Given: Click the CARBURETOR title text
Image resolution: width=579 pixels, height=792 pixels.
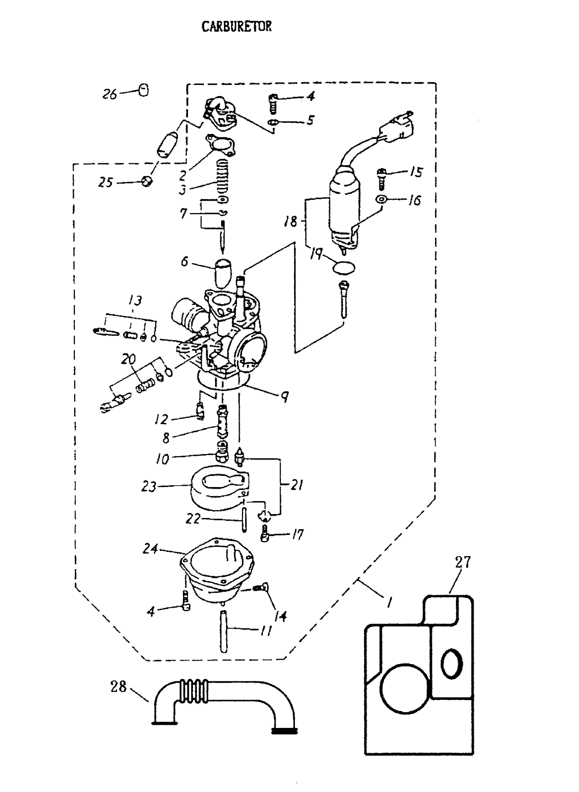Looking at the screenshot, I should pos(237,26).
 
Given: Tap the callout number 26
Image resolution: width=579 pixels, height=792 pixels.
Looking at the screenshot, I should pos(110,94).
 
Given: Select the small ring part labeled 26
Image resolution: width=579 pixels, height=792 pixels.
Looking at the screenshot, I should pos(143,91).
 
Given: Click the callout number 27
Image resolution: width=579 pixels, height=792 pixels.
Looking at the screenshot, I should pos(462,562).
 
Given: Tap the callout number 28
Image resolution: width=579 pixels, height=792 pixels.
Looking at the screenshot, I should pos(119,687).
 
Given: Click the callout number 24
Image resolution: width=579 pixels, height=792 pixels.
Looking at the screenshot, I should pos(150,548).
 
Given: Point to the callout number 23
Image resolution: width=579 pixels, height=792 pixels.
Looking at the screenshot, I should pos(149,487).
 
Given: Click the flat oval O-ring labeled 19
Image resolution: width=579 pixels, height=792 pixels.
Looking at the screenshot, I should pos(344,268).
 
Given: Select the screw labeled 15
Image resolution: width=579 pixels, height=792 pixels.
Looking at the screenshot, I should pos(381,179).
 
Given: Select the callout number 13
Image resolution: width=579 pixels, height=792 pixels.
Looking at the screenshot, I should pos(135,300).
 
